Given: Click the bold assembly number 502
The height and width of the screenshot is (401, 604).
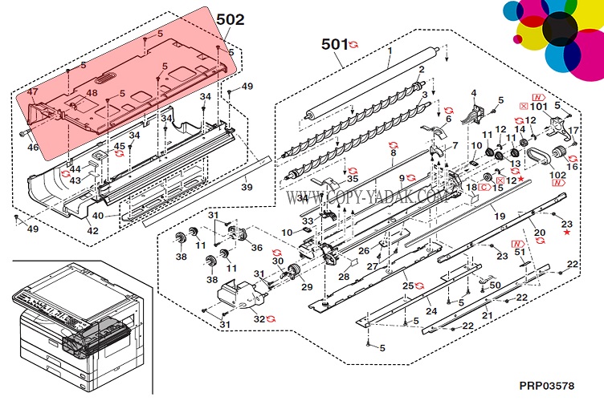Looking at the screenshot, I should [x=229, y=18].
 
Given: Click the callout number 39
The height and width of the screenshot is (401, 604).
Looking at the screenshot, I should [x=247, y=187].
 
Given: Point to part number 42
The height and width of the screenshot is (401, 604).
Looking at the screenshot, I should [x=92, y=231].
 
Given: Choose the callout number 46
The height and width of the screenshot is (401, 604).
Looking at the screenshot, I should [x=33, y=148].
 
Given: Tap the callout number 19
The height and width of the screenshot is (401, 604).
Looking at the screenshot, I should [x=499, y=216].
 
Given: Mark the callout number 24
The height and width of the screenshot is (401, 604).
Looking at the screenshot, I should [x=431, y=311].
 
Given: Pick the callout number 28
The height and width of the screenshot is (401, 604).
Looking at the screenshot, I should [x=343, y=277].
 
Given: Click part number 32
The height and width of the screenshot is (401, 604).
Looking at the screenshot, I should [x=259, y=318].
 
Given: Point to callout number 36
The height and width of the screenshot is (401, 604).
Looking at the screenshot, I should [x=256, y=247].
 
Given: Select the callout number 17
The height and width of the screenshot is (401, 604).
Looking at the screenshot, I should [x=573, y=131].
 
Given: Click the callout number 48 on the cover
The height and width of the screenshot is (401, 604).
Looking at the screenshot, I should [x=93, y=93].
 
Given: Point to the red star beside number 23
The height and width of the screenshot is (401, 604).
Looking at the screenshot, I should [x=568, y=233].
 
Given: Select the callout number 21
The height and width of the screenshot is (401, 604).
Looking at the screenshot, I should [x=487, y=316].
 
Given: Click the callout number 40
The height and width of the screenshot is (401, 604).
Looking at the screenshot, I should [x=96, y=215].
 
